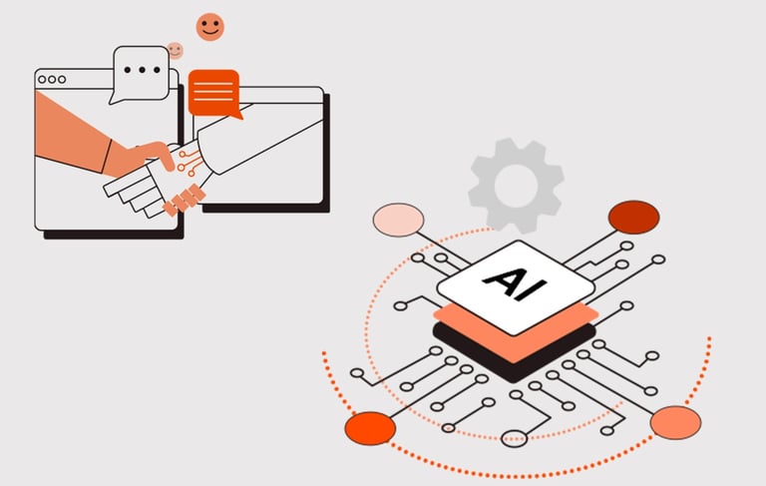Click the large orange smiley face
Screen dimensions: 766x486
tap(209, 27)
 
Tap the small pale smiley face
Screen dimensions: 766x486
tap(176, 50)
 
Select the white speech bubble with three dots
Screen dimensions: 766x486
tap(141, 71)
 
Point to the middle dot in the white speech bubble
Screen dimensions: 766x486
tap(142, 70)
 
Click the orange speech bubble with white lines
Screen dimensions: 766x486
tap(213, 92)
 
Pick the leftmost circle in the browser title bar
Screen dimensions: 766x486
tap(43, 79)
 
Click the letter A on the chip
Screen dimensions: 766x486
tap(503, 276)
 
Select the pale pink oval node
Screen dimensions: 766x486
tap(398, 220)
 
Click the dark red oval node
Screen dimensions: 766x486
tap(633, 217)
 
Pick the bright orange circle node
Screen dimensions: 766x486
tap(370, 427)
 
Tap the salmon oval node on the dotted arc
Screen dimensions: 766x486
tap(675, 422)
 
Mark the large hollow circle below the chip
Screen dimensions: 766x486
tap(515, 437)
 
